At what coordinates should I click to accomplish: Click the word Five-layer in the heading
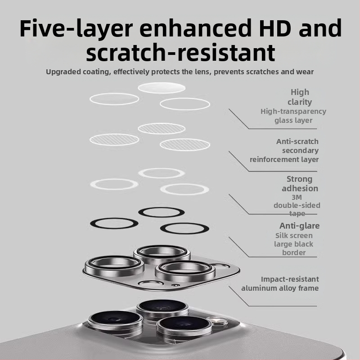pos(76,28)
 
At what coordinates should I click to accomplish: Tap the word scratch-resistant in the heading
pos(180,52)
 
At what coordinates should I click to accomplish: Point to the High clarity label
pos(300,97)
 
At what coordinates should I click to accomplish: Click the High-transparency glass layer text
pos(293,116)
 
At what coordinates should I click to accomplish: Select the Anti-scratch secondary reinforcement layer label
pos(284,150)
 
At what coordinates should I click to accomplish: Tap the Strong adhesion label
pos(300,184)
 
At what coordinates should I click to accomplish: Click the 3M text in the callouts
pos(297,197)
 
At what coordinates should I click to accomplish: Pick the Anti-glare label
pos(299,226)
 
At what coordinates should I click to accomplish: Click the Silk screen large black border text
pos(294,244)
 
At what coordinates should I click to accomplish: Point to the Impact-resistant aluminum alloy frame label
pos(280,283)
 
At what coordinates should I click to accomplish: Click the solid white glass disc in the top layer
pos(162,88)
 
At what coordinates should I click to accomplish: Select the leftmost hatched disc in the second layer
pos(114,139)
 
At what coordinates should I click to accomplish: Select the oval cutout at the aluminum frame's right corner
pos(220,266)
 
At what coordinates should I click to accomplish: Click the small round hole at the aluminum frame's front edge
pos(175,285)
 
